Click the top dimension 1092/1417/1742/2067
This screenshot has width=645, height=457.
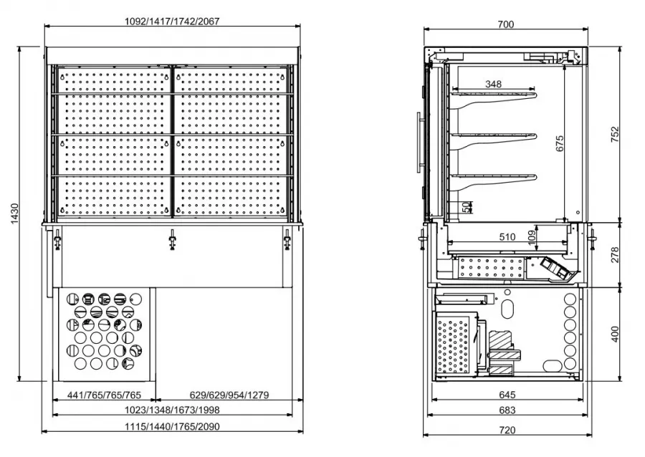(x=172, y=21)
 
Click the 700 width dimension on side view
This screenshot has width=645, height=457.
(x=505, y=24)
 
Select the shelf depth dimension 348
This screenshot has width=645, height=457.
(x=493, y=84)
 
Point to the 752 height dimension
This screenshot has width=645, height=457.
(x=614, y=135)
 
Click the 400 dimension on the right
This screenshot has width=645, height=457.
(x=614, y=334)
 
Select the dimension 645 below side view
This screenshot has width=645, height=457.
(x=506, y=395)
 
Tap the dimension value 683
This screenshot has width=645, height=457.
(x=506, y=411)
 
